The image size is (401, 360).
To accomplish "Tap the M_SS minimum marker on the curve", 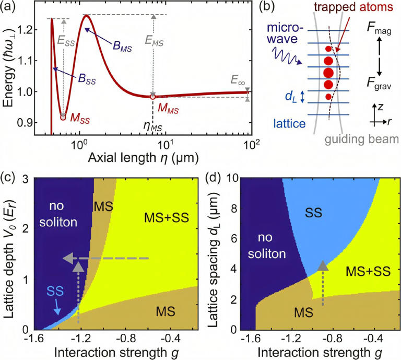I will click(63, 118).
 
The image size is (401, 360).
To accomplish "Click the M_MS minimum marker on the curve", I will click(153, 97).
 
